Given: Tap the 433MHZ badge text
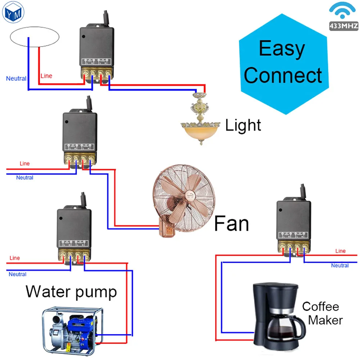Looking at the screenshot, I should click(343, 26).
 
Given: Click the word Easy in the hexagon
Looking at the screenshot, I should click(282, 48).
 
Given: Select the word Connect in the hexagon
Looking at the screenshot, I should click(283, 75).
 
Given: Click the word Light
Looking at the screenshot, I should click(243, 126).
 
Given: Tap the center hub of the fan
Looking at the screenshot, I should click(188, 198).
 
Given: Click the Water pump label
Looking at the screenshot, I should click(71, 291).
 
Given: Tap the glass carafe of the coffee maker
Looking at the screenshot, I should click(281, 328).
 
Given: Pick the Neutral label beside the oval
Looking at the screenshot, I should click(16, 78).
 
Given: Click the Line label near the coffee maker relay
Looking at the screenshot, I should click(340, 251).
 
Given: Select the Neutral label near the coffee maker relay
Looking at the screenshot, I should click(340, 266).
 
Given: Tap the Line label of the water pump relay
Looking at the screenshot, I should click(15, 258).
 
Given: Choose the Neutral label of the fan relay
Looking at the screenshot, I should click(24, 177).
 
